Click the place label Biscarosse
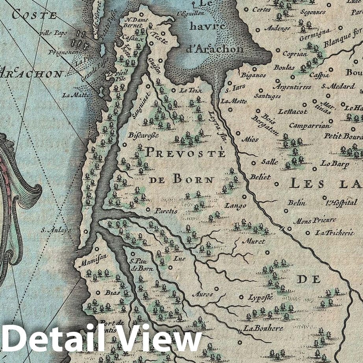143,135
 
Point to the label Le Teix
191,91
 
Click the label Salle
269,162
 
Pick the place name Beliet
260,177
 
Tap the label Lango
235,206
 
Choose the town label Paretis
166,211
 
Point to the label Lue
179,259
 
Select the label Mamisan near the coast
88,261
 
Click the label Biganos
253,75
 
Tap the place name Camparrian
309,126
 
